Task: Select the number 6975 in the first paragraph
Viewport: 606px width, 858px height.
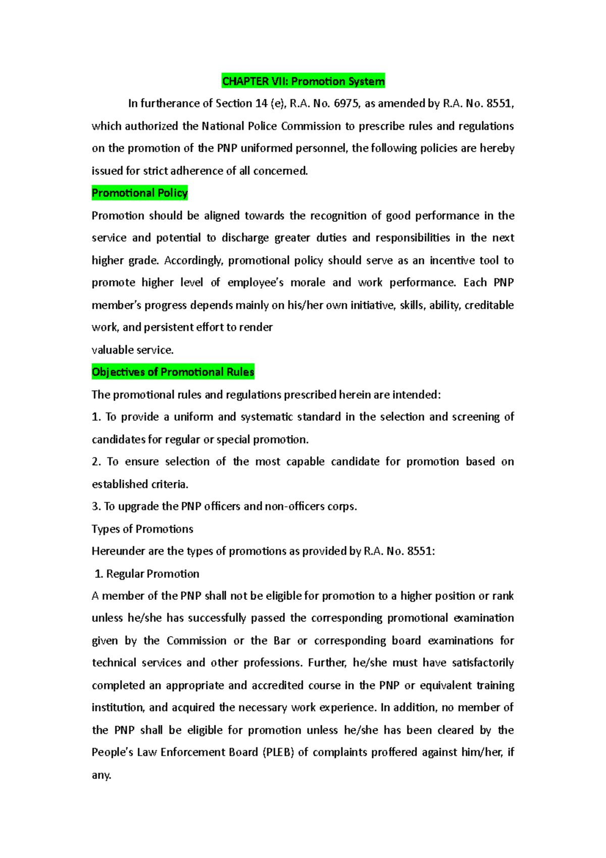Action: [x=346, y=104]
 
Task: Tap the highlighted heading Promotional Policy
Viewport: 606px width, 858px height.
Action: [x=139, y=193]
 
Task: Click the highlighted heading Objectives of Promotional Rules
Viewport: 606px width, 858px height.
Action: [x=173, y=372]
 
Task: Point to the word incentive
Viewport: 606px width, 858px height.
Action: [x=452, y=261]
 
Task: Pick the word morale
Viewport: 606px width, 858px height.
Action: [x=308, y=283]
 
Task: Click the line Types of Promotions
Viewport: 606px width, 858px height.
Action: [x=142, y=529]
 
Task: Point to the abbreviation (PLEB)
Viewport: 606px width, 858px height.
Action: [x=278, y=752]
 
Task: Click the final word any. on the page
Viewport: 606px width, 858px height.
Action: [x=101, y=775]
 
